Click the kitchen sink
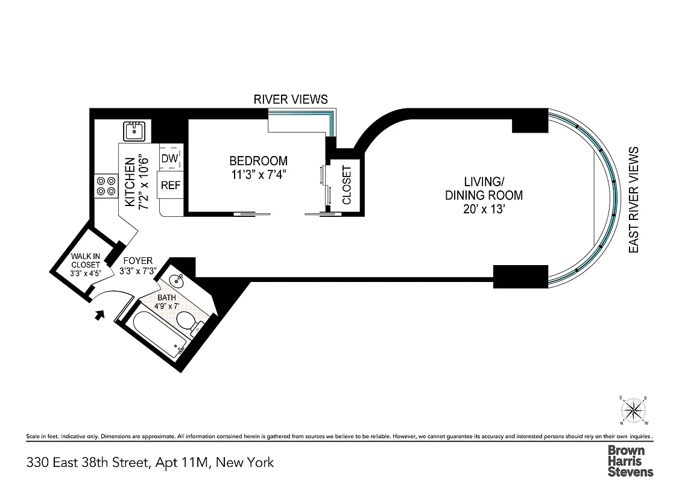[133, 130]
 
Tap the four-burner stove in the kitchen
[106, 185]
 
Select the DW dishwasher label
[169, 158]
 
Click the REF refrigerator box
[170, 186]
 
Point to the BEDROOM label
[258, 161]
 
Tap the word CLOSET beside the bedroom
[347, 185]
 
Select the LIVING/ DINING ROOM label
[484, 188]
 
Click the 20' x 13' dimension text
[484, 210]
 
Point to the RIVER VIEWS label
[290, 99]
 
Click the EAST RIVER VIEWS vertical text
[633, 200]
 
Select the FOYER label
[137, 261]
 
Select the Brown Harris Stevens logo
[630, 461]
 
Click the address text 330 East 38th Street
[87, 463]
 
